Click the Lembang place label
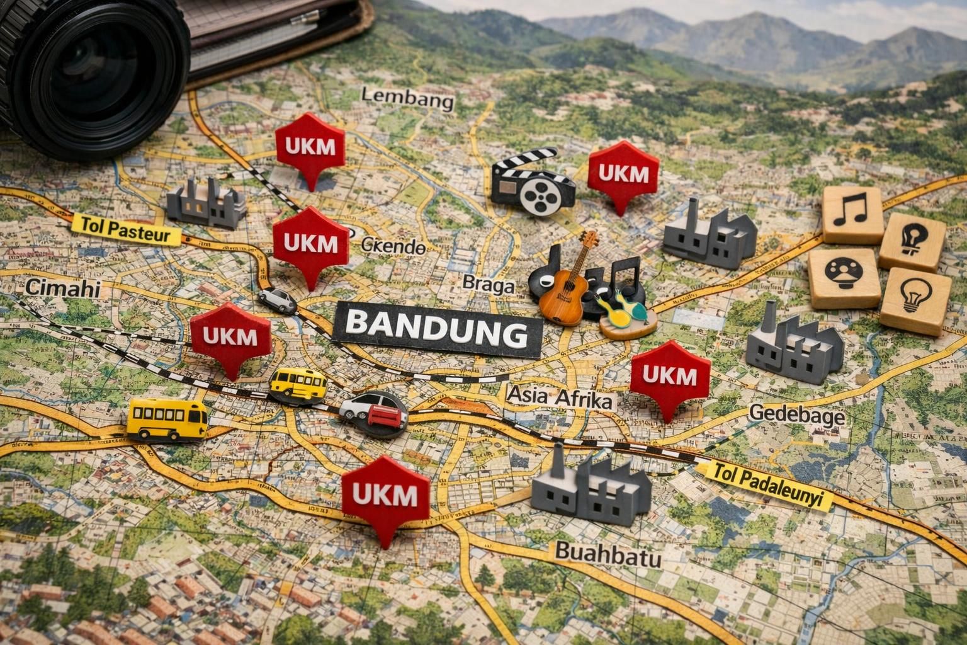click(408, 100)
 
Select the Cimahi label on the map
click(63, 288)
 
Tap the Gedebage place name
click(797, 414)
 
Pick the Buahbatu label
click(608, 554)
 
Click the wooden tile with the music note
click(852, 214)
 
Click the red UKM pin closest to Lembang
click(310, 147)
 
